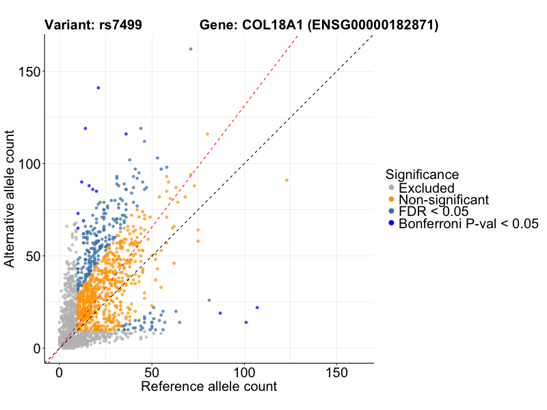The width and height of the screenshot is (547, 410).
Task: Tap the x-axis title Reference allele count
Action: pyautogui.click(x=209, y=387)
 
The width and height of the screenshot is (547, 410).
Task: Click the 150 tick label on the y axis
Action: pyautogui.click(x=27, y=72)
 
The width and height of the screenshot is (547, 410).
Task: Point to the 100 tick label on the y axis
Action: pyautogui.click(x=27, y=164)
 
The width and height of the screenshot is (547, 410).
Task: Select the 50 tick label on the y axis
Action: pyautogui.click(x=31, y=256)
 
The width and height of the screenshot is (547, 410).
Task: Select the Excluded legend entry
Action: pyautogui.click(x=426, y=188)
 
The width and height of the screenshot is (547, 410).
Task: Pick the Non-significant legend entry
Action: pyautogui.click(x=444, y=200)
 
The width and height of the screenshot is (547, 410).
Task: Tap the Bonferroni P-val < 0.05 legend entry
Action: pyautogui.click(x=469, y=223)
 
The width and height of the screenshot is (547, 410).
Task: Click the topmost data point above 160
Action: pyautogui.click(x=190, y=49)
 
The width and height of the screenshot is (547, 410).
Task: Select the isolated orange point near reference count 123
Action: pyautogui.click(x=286, y=180)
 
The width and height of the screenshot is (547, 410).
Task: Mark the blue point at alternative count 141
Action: pyautogui.click(x=98, y=87)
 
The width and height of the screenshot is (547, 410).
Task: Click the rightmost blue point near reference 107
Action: pyautogui.click(x=257, y=307)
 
